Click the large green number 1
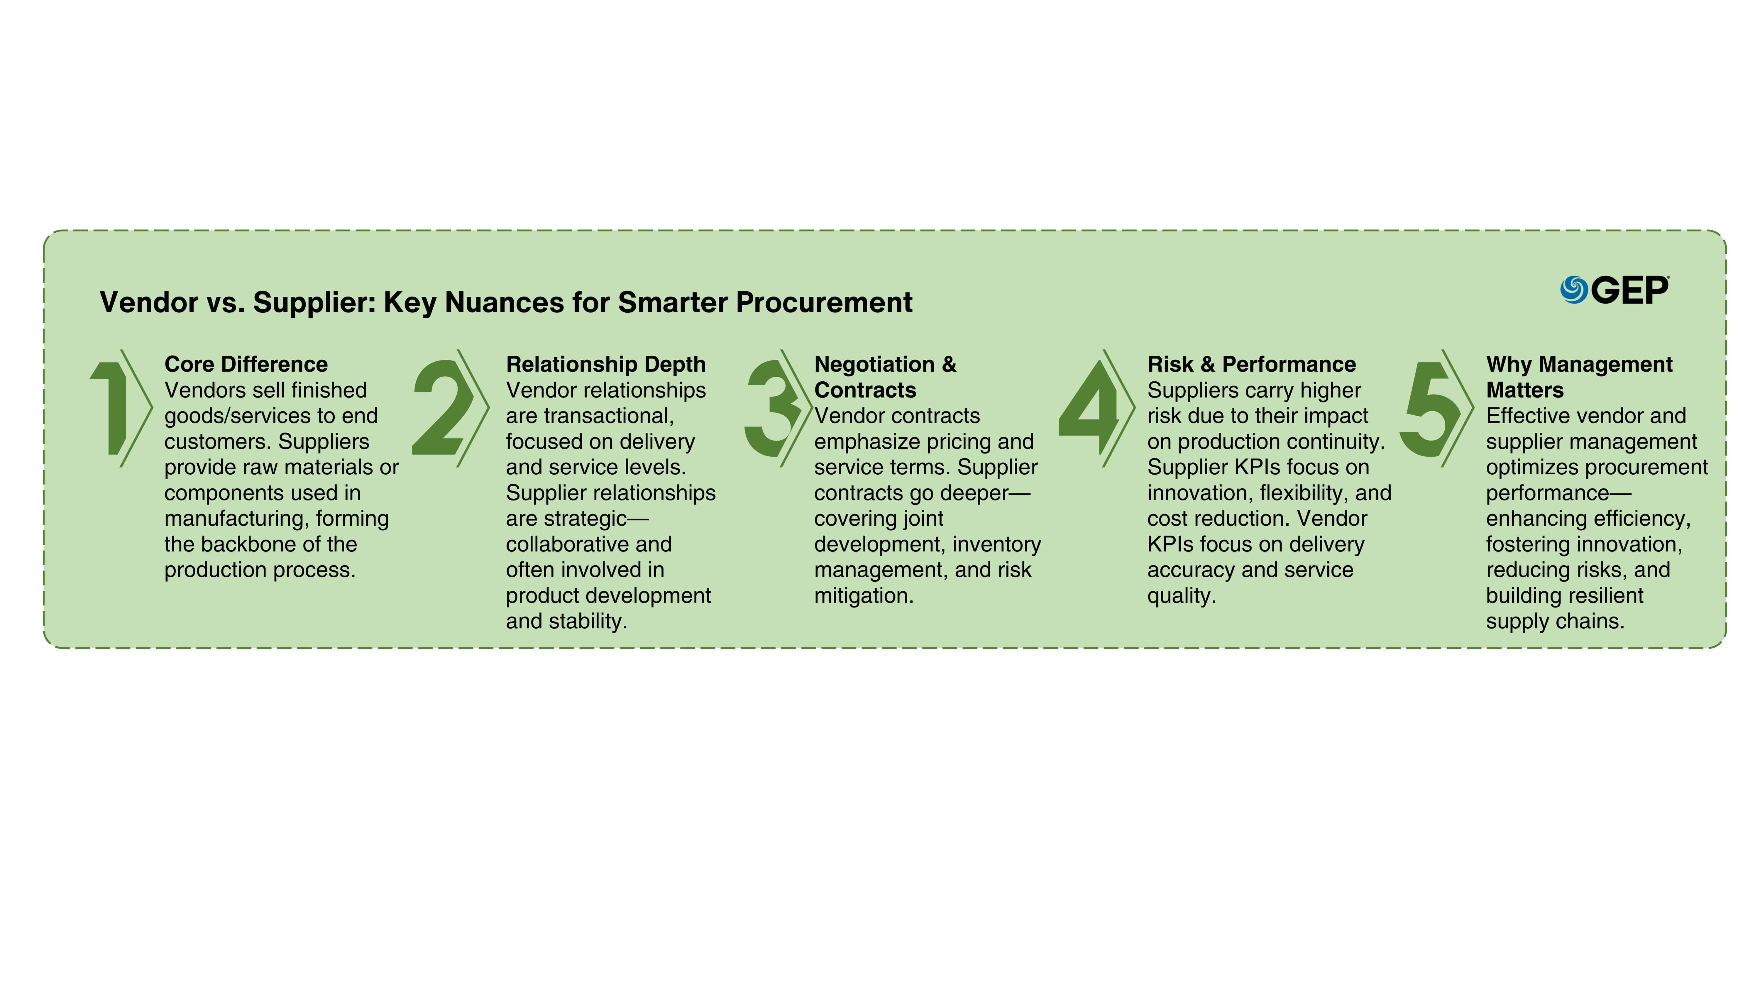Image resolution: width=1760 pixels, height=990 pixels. click(109, 408)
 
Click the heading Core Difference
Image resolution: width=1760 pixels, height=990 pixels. click(246, 364)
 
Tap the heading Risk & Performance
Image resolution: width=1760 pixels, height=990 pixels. click(1252, 364)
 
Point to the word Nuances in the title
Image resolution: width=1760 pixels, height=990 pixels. click(505, 302)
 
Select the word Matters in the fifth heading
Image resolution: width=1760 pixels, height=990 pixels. click(1525, 390)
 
